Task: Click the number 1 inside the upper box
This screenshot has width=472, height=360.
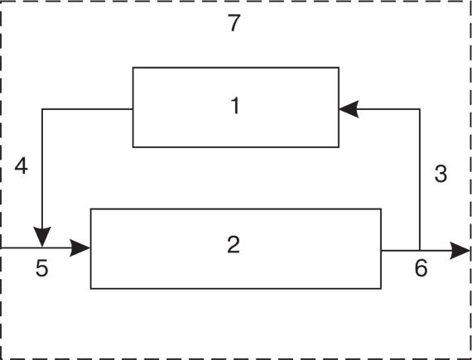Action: pos(235,106)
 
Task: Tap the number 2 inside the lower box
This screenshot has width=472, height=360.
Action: pos(234,244)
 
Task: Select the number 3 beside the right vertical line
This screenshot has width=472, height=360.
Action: pos(441,174)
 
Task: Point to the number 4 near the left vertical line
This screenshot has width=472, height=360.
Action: pos(22,166)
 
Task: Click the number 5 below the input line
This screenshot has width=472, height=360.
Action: pos(42,267)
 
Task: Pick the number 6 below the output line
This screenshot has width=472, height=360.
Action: pos(421,267)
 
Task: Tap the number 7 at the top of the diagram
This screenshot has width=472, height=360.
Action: pos(234,23)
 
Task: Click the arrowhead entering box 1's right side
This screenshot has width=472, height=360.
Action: pos(349,109)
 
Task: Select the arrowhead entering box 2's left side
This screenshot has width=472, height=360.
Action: pos(80,248)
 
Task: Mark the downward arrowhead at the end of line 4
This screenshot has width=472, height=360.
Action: pos(42,237)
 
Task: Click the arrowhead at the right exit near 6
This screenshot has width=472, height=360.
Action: pos(460,250)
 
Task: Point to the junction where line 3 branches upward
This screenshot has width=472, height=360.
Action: pos(420,250)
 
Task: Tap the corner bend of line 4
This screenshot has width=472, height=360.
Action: pos(42,109)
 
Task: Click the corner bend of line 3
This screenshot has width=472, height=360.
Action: pos(420,109)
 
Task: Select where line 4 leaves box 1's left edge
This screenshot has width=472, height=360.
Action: pos(133,109)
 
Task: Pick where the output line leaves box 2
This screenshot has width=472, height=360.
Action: pos(381,250)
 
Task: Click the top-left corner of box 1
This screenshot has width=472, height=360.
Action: pos(133,68)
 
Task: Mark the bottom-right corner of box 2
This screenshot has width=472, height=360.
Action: pos(381,289)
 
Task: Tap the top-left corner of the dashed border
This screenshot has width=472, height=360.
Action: pos(2,1)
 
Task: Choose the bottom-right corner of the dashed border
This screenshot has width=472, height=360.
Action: pos(470,359)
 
